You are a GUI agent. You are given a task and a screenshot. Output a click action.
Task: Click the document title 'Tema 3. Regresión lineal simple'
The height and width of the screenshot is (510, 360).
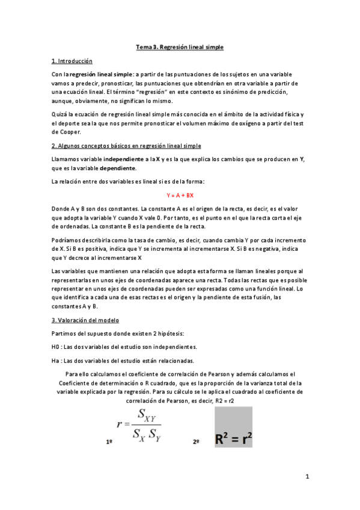[180, 47]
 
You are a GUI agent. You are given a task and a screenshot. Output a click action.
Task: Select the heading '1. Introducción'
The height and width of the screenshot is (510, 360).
[72, 61]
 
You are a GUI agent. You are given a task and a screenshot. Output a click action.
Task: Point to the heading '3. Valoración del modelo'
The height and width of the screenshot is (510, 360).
[85, 320]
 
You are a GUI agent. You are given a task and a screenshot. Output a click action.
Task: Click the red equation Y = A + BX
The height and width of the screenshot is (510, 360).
[180, 195]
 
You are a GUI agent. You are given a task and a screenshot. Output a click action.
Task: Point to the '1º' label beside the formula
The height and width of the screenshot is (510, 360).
[109, 441]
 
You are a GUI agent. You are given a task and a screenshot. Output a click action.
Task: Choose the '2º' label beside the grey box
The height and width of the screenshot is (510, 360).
[196, 441]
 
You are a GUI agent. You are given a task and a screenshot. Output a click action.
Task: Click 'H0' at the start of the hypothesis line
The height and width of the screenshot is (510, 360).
[56, 346]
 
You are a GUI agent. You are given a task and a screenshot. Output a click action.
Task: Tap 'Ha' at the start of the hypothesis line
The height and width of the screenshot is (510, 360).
[56, 361]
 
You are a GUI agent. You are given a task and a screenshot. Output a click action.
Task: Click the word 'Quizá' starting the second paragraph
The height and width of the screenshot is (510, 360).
[60, 114]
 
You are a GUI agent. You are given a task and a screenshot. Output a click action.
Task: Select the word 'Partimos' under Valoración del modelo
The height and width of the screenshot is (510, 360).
[64, 333]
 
